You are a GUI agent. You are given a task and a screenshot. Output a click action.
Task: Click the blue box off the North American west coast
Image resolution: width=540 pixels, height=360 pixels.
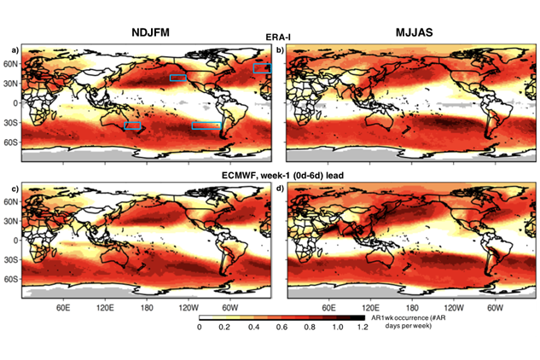click(x=178, y=78)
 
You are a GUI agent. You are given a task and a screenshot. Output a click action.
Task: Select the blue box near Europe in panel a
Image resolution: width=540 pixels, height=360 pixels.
click(x=262, y=67)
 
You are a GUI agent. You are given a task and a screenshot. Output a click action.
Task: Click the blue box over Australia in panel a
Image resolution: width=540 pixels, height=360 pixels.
click(x=132, y=125)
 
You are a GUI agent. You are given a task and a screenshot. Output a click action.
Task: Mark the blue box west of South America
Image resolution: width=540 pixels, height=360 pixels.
click(x=206, y=125)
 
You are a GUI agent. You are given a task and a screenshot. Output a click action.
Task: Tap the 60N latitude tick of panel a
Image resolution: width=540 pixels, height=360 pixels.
click(x=11, y=64)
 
